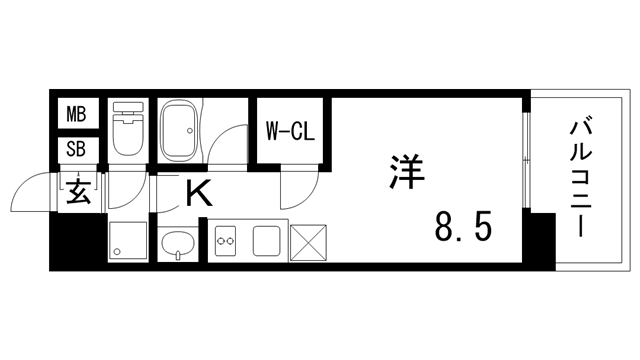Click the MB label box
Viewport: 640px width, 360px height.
point(76,114)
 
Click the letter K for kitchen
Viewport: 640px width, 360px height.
point(198,192)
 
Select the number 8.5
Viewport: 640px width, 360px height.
point(462,228)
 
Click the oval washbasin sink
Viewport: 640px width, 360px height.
point(178,243)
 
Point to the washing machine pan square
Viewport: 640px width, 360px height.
point(128,241)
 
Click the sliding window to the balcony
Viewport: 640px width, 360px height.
point(524,161)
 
